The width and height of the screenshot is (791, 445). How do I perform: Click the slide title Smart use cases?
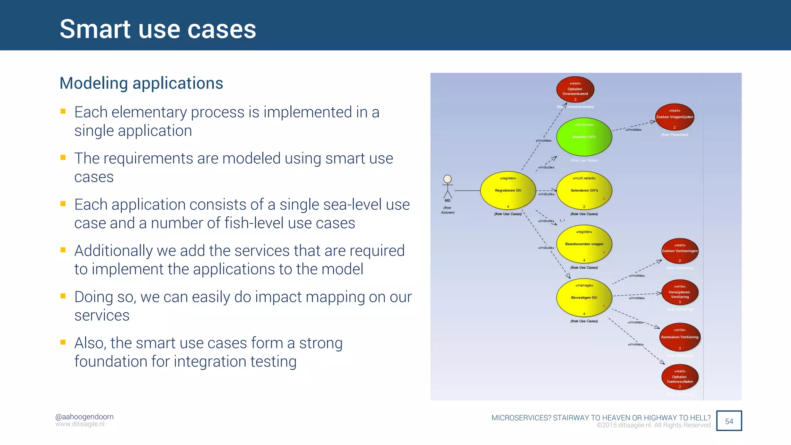point(158,29)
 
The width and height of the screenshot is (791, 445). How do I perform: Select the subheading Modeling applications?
point(141,83)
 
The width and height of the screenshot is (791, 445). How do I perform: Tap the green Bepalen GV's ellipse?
point(584,137)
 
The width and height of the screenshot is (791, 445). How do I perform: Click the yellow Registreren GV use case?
point(508,190)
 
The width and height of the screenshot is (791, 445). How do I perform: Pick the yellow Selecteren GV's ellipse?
point(584,190)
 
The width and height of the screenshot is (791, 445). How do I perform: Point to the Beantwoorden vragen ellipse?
point(584,244)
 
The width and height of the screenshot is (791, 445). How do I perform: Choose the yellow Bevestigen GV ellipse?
point(584,297)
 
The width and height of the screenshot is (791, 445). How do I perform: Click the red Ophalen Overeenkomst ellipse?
point(575,90)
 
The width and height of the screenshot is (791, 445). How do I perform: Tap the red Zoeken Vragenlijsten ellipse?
point(674,117)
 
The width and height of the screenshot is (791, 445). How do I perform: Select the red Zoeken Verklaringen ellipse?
point(680,251)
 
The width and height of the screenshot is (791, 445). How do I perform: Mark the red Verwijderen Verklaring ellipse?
point(680,293)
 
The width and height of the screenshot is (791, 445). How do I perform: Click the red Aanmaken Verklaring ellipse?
point(680,337)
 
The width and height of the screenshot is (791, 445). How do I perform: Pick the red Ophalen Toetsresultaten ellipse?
point(680,377)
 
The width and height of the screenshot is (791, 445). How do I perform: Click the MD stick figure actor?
point(448,187)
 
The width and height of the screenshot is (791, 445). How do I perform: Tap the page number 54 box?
point(729,421)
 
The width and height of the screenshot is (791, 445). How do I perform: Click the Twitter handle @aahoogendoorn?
point(84,416)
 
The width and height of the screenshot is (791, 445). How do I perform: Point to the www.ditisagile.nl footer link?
point(80,424)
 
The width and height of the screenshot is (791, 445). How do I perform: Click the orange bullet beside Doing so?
point(63,296)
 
